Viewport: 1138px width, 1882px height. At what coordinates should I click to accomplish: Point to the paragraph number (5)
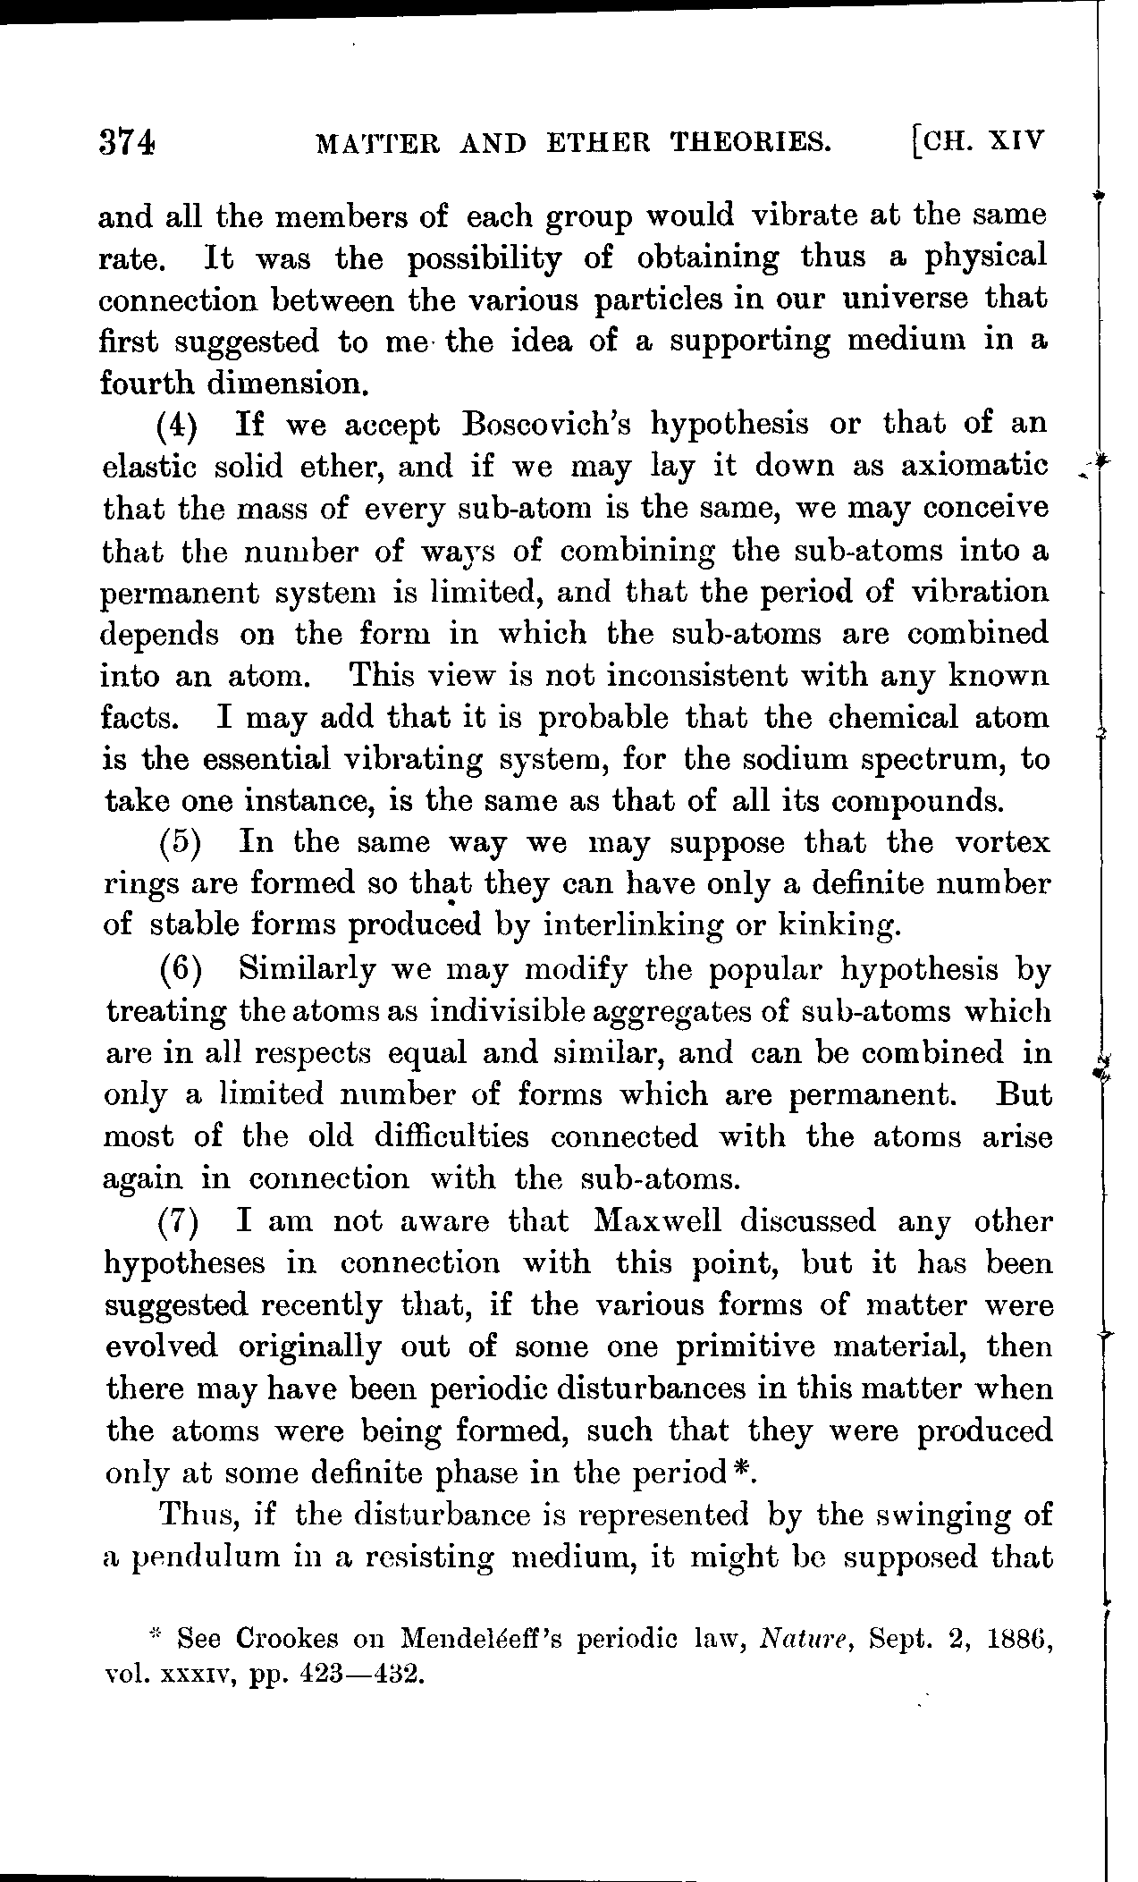click(x=181, y=842)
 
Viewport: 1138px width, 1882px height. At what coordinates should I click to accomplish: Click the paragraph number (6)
click(x=182, y=969)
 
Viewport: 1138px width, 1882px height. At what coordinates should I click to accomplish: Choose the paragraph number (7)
click(x=182, y=1222)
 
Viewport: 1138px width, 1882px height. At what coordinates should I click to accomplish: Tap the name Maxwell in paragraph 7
click(x=659, y=1221)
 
